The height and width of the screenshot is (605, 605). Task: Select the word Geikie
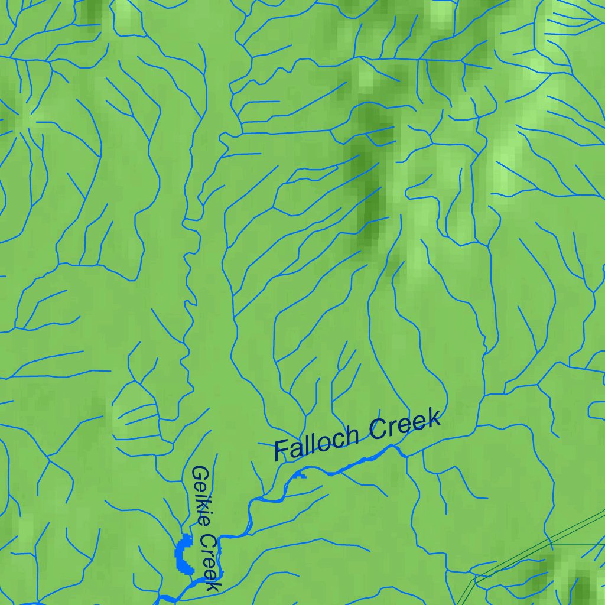click(x=202, y=495)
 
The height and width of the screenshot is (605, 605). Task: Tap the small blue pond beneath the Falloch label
click(x=301, y=474)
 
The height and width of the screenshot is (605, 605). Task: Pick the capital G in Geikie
click(x=200, y=474)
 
